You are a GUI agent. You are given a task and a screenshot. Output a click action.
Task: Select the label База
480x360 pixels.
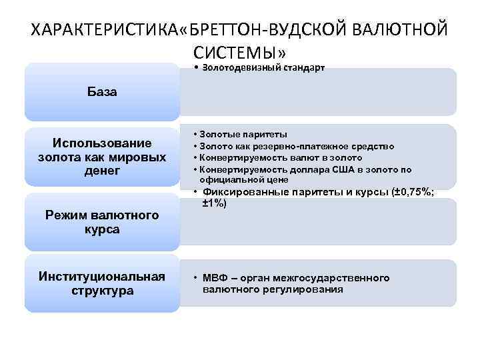pyautogui.click(x=102, y=92)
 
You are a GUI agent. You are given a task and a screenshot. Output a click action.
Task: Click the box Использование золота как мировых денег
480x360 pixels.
pyautogui.click(x=102, y=157)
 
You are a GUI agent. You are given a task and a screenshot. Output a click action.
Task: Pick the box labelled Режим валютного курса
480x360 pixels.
pyautogui.click(x=102, y=222)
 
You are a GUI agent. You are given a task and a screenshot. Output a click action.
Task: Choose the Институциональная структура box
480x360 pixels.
pyautogui.click(x=102, y=283)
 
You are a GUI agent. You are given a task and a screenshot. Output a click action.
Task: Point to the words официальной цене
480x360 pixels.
pyautogui.click(x=243, y=180)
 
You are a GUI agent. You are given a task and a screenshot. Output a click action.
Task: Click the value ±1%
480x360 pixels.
pyautogui.click(x=215, y=203)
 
